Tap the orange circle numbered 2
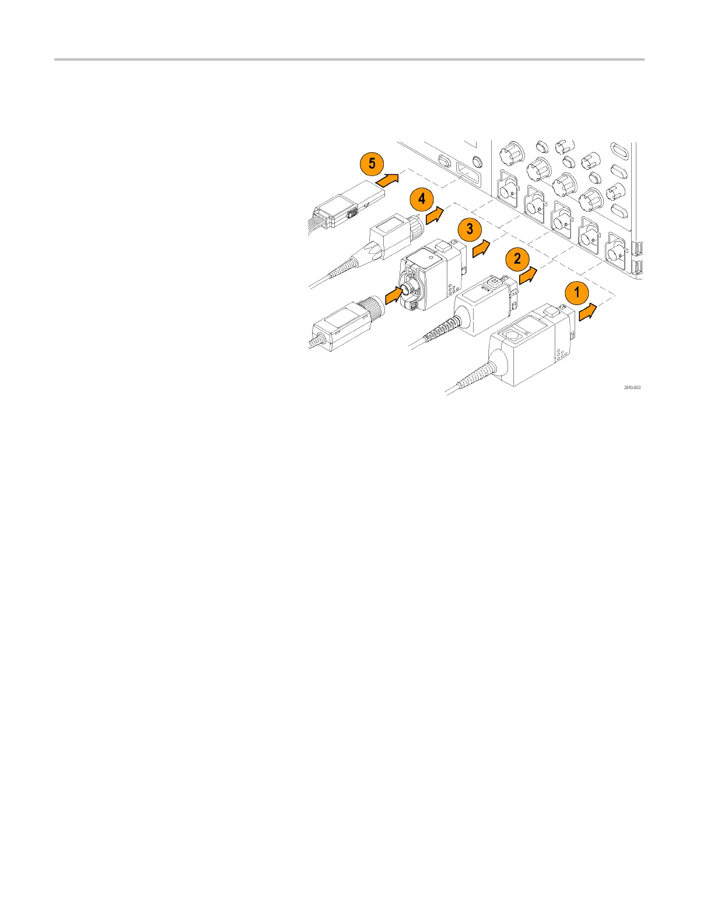(x=517, y=258)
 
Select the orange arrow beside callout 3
(x=482, y=247)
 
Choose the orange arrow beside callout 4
(x=435, y=218)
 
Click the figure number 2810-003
(x=632, y=387)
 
